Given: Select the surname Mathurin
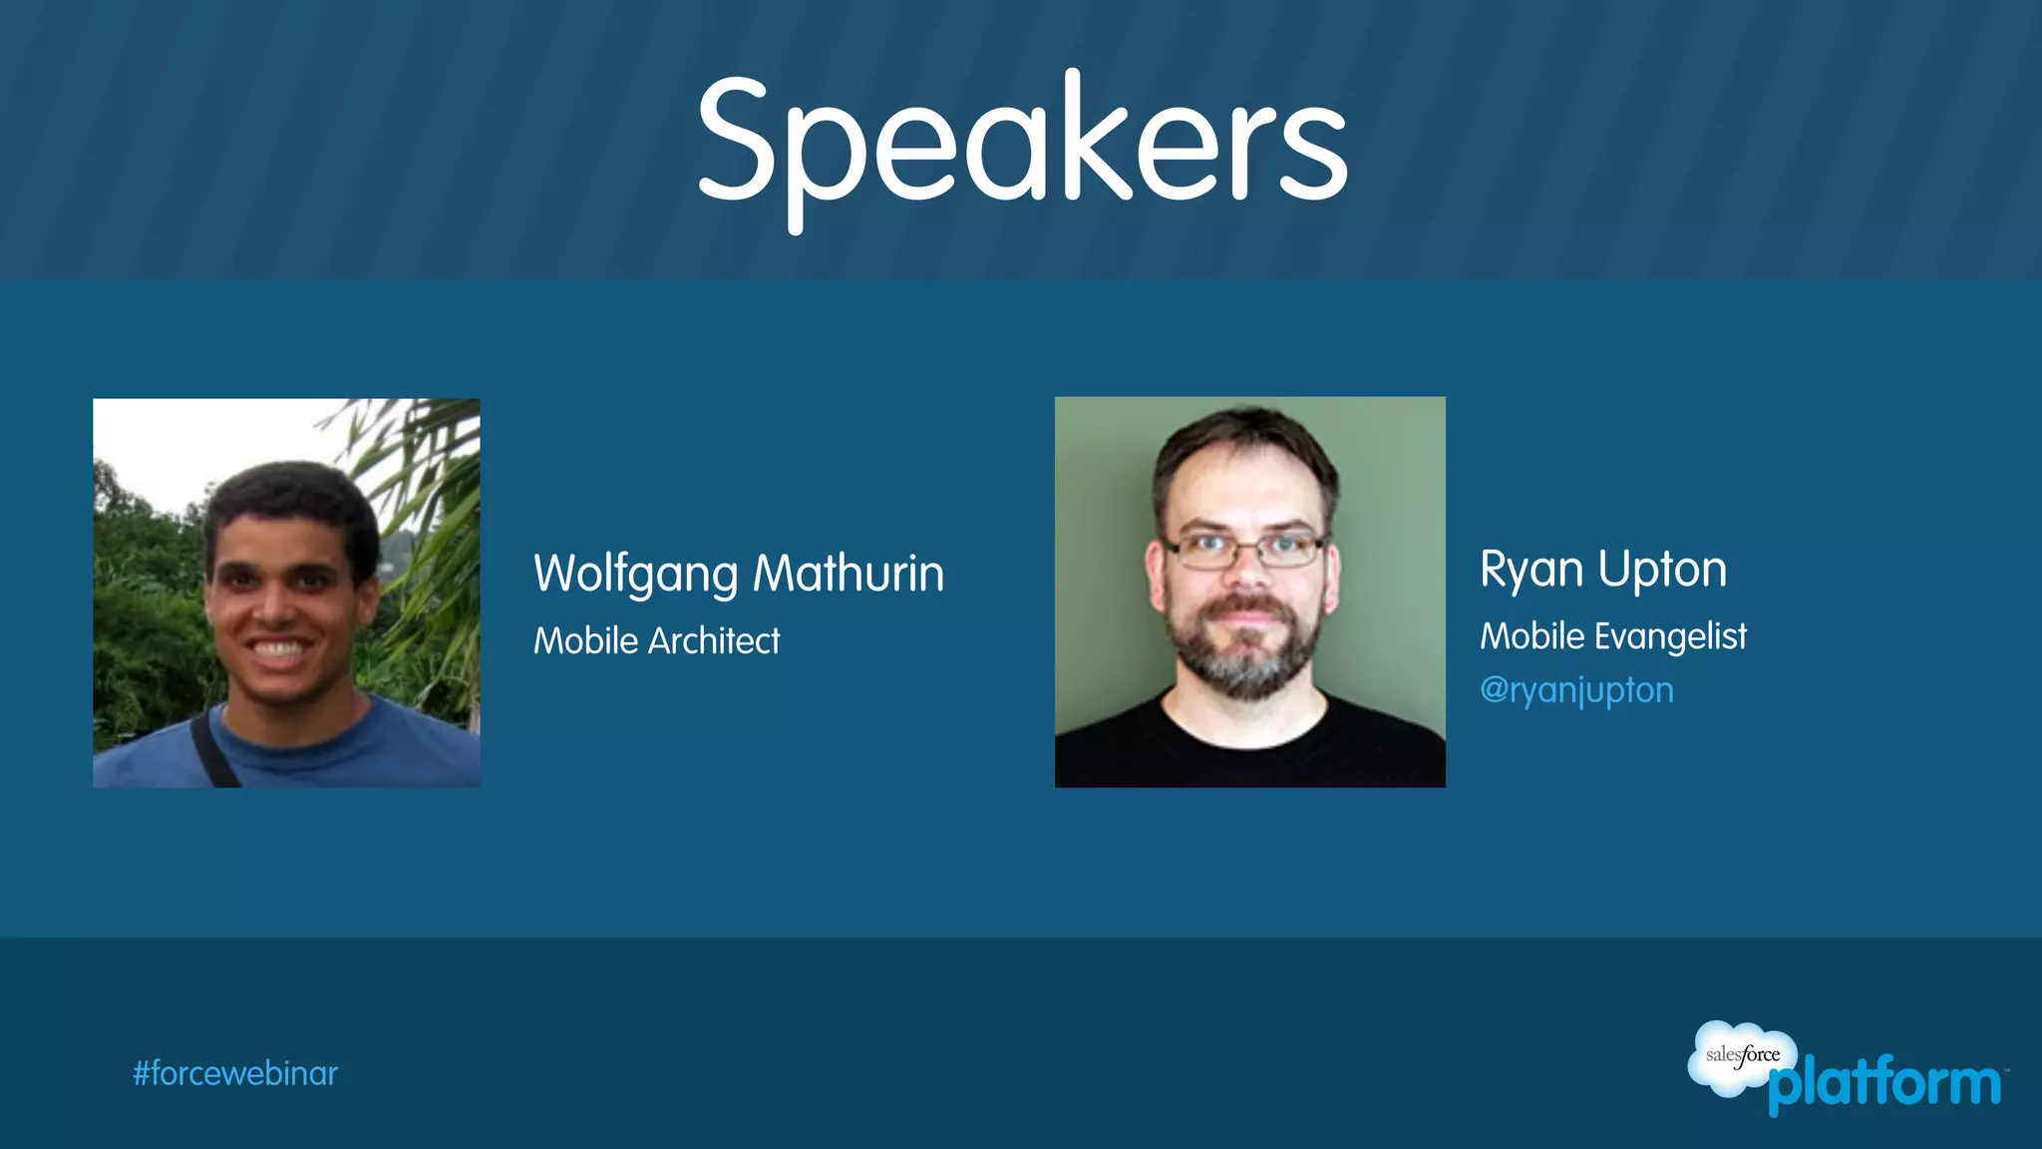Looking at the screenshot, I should pos(849,574).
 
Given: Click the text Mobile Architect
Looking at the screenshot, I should pos(656,640).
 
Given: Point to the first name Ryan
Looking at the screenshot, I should pos(1531,571).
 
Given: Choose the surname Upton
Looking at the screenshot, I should pos(1662,571).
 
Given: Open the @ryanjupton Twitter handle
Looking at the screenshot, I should pos(1576,690).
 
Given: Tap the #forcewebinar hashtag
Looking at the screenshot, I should pos(235,1073).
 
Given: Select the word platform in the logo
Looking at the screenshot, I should pos(1884,1084).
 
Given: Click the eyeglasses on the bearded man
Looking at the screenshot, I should pos(1244,549).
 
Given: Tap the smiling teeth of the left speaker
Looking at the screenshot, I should pos(280,650).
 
